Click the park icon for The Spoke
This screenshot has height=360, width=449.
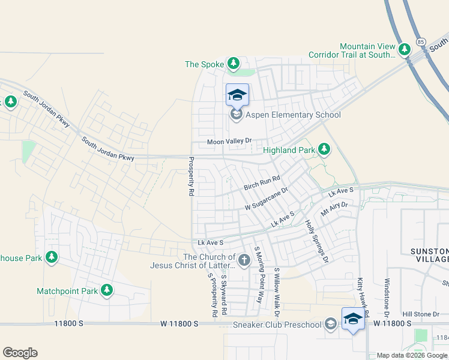pyautogui.click(x=233, y=64)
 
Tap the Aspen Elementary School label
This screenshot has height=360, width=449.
pyautogui.click(x=288, y=115)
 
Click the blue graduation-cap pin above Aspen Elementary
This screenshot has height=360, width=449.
pyautogui.click(x=237, y=94)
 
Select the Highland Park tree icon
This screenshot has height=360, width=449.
pyautogui.click(x=324, y=148)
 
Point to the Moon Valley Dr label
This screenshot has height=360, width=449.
pyautogui.click(x=228, y=142)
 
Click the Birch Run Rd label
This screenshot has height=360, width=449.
pyautogui.click(x=262, y=184)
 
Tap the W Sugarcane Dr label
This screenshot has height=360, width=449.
pyautogui.click(x=267, y=199)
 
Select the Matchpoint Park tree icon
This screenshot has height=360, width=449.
pyautogui.click(x=107, y=291)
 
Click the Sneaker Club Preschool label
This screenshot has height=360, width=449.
pyautogui.click(x=277, y=325)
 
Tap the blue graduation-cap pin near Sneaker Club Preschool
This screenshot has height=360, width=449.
pyautogui.click(x=353, y=319)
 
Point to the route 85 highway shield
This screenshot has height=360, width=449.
pyautogui.click(x=420, y=43)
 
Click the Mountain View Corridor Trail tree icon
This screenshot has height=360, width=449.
pyautogui.click(x=405, y=49)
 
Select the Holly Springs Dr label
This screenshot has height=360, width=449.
pyautogui.click(x=317, y=241)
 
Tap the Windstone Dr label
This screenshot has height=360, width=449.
pyautogui.click(x=387, y=293)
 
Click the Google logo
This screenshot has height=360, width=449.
pyautogui.click(x=20, y=353)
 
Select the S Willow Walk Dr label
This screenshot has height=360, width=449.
pyautogui.click(x=277, y=293)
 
